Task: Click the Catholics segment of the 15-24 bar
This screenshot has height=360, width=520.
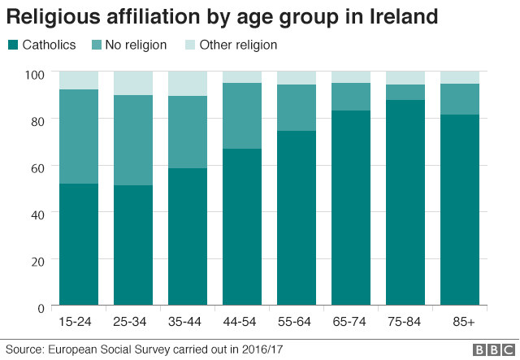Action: [x=79, y=245]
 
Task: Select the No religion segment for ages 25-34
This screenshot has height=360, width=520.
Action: [x=133, y=140]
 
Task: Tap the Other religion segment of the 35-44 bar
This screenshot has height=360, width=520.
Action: [x=188, y=83]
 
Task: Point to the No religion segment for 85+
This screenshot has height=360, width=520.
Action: [x=461, y=99]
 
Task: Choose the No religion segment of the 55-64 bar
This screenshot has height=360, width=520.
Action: [x=297, y=107]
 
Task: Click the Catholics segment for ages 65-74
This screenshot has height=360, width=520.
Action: [x=351, y=208]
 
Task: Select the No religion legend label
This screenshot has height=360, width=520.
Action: [x=136, y=46]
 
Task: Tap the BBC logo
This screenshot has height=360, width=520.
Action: [x=490, y=349]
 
